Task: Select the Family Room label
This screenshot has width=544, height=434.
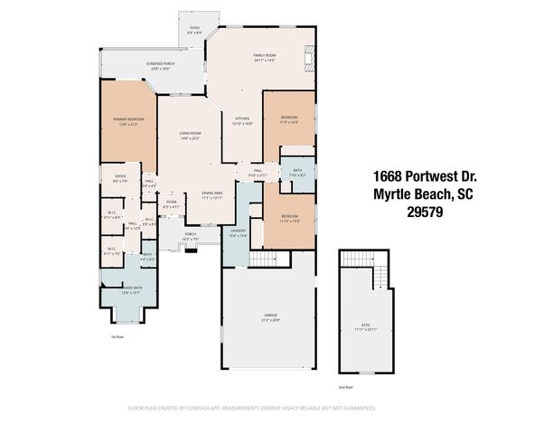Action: point(264,57)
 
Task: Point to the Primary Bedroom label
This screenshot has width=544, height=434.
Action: point(125,121)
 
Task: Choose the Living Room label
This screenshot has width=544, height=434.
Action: point(190,136)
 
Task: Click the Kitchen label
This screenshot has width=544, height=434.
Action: point(242,121)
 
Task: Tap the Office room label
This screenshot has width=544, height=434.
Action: point(119,178)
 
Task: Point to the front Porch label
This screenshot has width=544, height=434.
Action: point(191,238)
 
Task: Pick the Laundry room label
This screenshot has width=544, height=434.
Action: point(238,232)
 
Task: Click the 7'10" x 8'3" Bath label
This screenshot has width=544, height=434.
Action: point(297,173)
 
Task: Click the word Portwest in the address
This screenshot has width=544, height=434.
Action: point(431,175)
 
